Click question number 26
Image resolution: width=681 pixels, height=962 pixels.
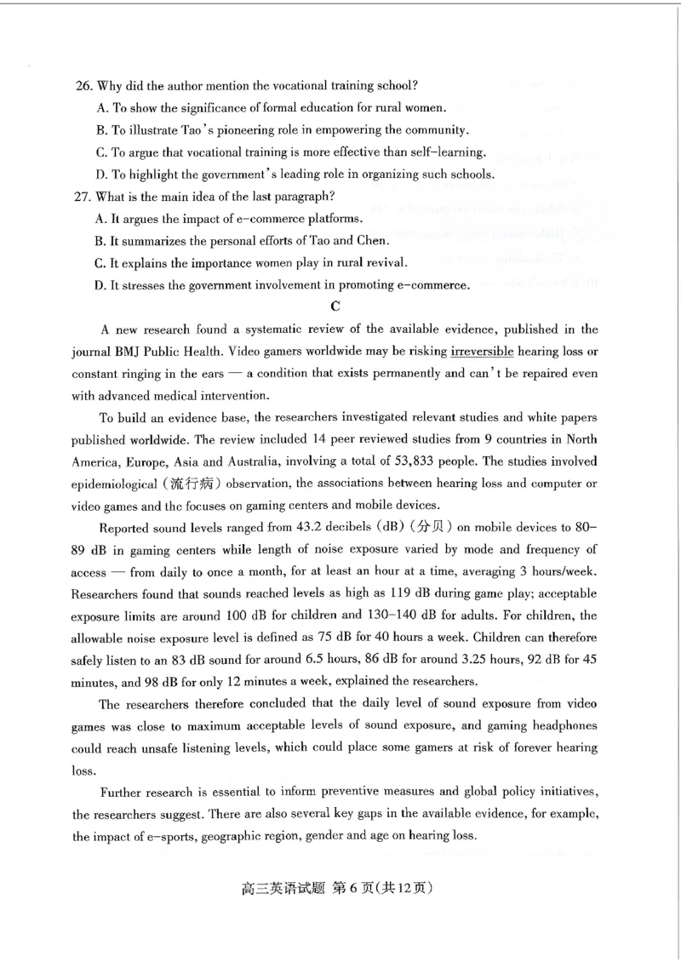[83, 86]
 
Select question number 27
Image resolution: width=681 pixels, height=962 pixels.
[83, 197]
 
